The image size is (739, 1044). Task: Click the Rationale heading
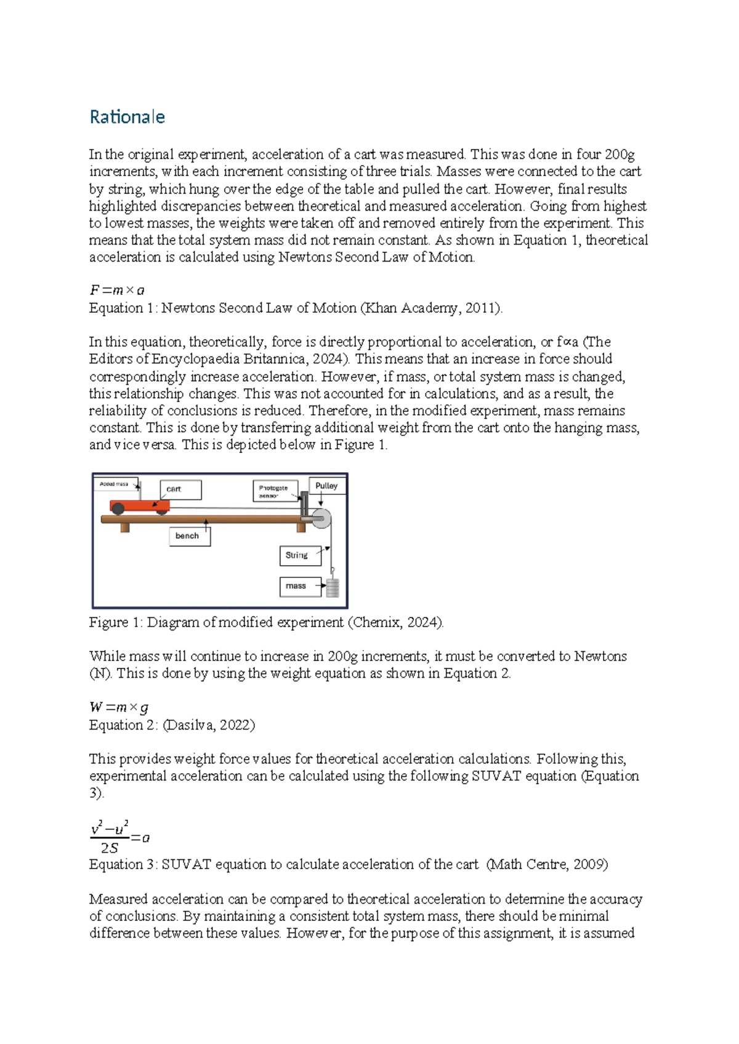point(127,117)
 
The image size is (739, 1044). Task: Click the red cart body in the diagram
point(139,506)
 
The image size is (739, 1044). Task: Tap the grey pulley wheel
point(321,518)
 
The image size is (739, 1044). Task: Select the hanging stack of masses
point(333,588)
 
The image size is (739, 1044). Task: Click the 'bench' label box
point(188,536)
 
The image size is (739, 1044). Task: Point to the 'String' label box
point(299,555)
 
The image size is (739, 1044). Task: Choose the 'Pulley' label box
point(326,486)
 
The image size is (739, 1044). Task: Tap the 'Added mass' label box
point(116,484)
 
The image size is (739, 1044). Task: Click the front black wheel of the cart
point(161,510)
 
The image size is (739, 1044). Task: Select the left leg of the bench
point(125,527)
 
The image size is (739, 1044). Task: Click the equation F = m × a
point(117,291)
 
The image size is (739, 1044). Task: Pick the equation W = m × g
point(119,708)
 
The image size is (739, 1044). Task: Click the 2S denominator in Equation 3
point(109,848)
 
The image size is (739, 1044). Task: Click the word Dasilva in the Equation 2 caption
point(189,725)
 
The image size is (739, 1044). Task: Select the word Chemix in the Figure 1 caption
point(374,622)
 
